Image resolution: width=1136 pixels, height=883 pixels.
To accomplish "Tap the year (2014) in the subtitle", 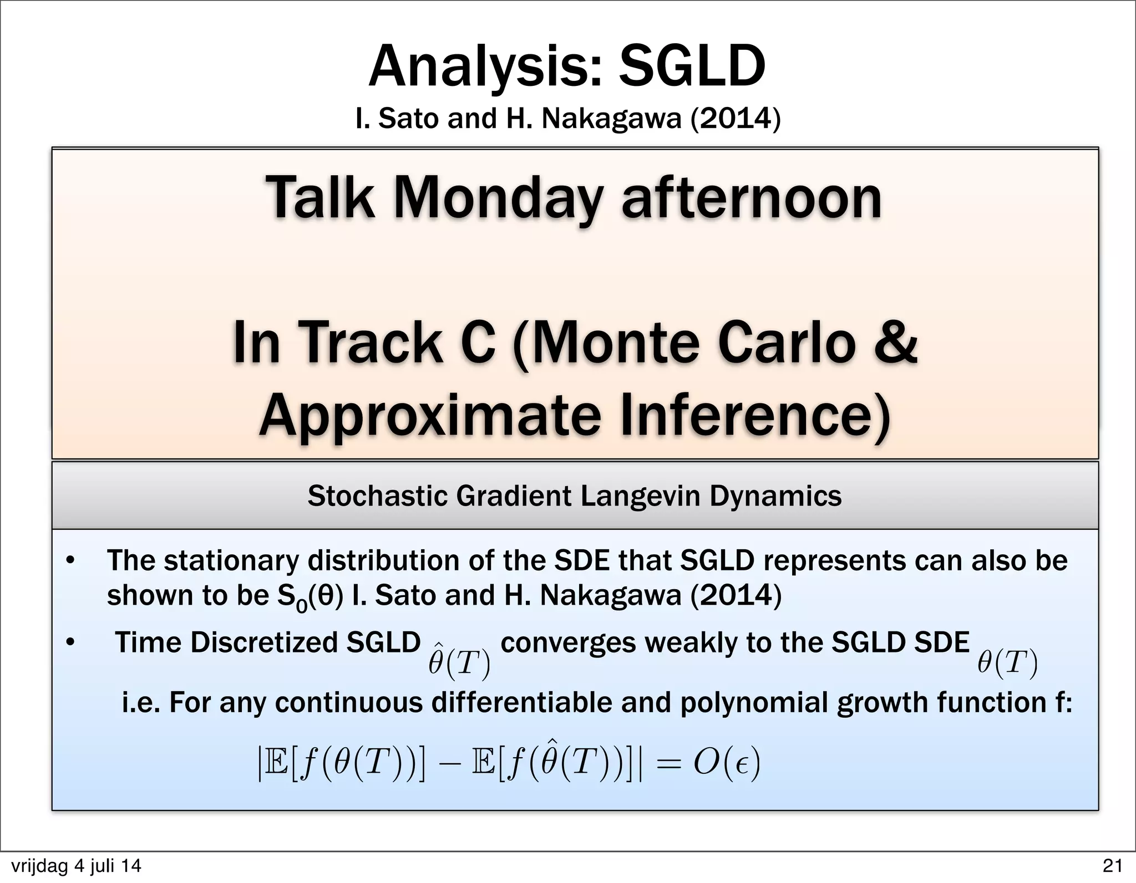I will (735, 118).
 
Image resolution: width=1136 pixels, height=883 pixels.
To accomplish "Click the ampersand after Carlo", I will (894, 342).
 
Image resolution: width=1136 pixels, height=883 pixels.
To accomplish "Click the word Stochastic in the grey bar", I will (378, 496).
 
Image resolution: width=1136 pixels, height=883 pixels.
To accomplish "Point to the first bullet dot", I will (70, 562).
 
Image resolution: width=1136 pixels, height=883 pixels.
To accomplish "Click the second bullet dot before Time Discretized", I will (70, 644).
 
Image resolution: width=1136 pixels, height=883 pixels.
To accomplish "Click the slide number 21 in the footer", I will (1112, 865).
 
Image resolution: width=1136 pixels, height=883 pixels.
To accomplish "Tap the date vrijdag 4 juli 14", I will (76, 866).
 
